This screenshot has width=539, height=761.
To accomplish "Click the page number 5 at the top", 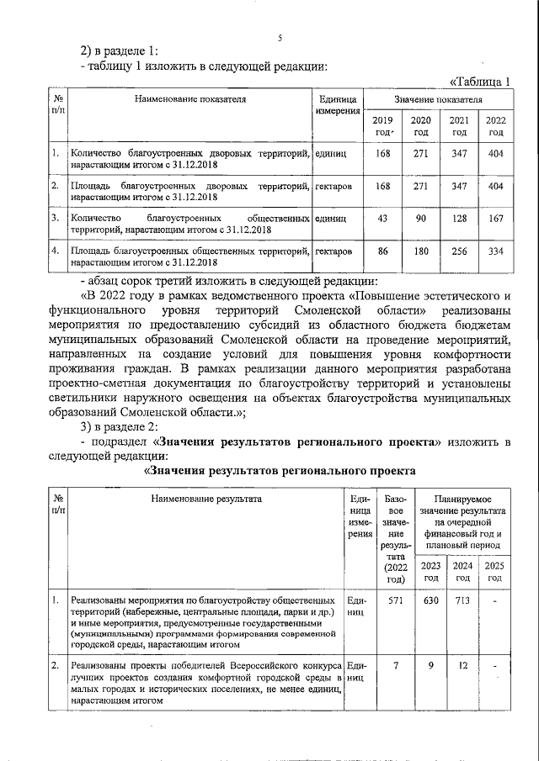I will pos(280,37).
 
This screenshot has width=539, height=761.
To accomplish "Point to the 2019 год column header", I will pos(383,126).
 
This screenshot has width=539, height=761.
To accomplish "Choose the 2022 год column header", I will pos(495,126).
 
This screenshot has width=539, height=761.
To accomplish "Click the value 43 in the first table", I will pos(383,218).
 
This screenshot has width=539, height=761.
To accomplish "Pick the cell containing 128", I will pos(458,218).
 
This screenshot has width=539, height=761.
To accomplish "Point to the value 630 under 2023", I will pos(430,601).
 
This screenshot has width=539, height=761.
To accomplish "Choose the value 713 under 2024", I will pos(462,601).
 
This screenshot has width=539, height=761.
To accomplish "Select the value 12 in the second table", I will pos(462,666).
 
